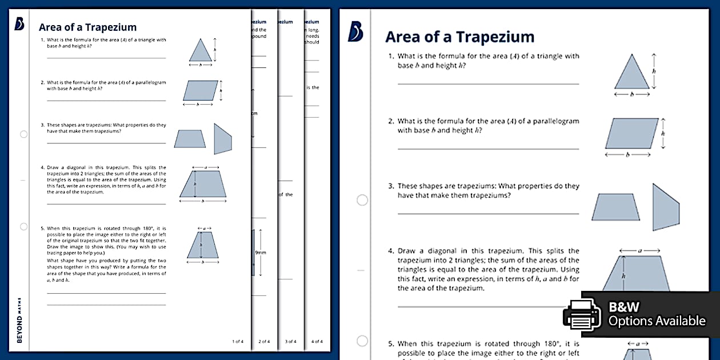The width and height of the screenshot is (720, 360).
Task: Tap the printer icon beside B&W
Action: [x=582, y=314]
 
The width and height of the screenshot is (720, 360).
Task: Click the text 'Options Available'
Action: [x=657, y=321]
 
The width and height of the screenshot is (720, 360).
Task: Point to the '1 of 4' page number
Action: [x=238, y=342]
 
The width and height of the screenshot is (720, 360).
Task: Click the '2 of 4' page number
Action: [x=264, y=342]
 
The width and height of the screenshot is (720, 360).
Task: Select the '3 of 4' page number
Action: [x=290, y=342]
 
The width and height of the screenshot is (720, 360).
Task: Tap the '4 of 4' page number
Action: [x=317, y=342]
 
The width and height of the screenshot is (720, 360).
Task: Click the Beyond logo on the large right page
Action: [x=355, y=33]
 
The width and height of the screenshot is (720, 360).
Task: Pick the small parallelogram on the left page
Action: [x=200, y=90]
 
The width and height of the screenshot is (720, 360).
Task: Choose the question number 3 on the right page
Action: [x=391, y=186]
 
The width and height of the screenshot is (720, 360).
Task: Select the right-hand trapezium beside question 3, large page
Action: [x=665, y=207]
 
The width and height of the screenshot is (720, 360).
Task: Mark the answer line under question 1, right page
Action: [x=488, y=83]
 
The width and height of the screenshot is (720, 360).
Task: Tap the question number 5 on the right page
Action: [x=391, y=344]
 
